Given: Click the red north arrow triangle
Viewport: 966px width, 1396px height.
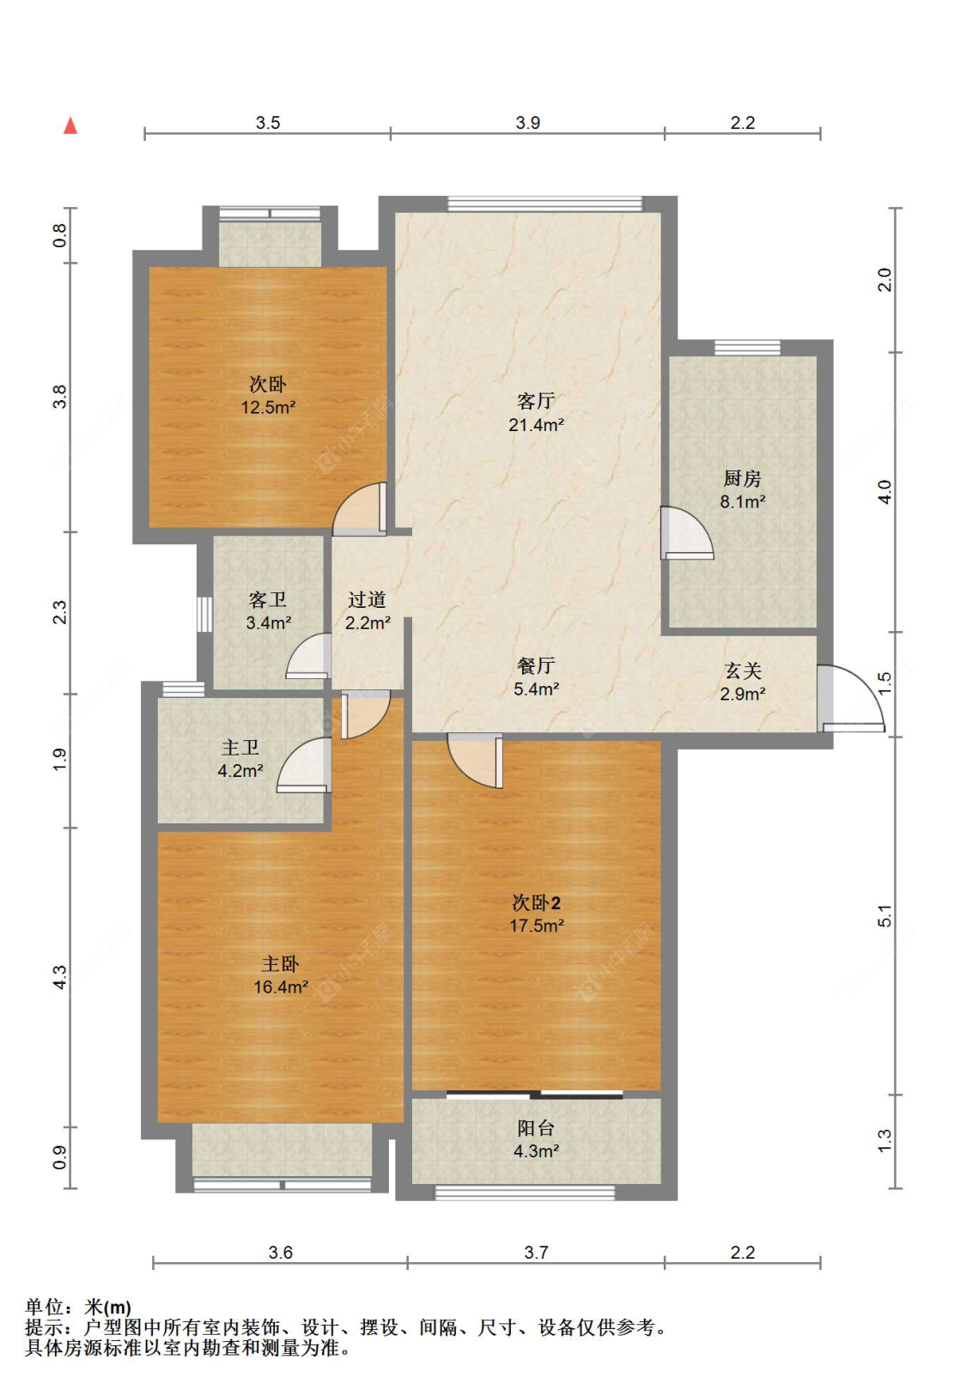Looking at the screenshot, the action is tap(70, 125).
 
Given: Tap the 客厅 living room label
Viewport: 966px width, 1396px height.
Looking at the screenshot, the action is tap(535, 401).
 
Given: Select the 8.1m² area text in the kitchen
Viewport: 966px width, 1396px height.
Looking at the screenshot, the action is tap(742, 501).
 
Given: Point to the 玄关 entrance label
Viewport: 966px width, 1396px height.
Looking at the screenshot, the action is tap(743, 671).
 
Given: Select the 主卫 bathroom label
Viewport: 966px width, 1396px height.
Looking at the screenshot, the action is tap(240, 747).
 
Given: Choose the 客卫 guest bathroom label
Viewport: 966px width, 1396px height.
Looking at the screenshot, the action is tap(267, 599).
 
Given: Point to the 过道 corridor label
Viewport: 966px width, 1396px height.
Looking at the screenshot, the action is tap(368, 599).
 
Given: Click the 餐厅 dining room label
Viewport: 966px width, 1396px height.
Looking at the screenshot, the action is tap(535, 665).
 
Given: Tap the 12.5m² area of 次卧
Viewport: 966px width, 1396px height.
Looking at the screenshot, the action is tap(268, 407).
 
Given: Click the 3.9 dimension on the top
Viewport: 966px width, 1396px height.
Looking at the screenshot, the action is tap(528, 123).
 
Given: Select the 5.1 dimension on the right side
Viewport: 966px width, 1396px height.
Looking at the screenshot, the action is tap(885, 915).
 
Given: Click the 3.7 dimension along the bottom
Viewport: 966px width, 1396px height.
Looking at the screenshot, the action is tap(536, 1253).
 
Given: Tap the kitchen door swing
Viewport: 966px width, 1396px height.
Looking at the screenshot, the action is tap(685, 533).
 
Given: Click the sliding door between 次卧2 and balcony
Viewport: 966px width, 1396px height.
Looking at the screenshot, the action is tap(535, 1095).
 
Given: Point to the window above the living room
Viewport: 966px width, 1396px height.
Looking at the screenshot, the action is tap(544, 203).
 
